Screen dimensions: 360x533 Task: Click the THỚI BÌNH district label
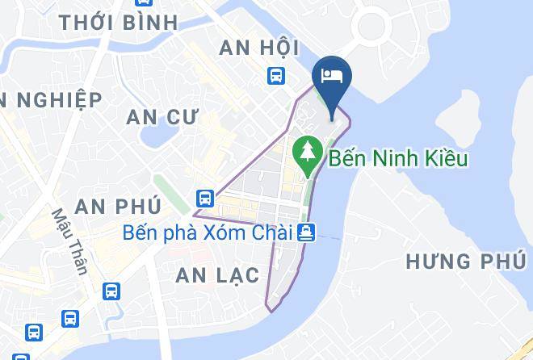[118, 22]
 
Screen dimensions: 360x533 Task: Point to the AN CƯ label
[162, 117]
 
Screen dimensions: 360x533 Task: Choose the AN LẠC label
[217, 275]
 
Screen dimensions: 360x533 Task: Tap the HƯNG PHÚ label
[461, 262]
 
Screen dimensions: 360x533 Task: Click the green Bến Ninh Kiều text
[398, 158]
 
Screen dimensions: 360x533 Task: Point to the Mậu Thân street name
[69, 241]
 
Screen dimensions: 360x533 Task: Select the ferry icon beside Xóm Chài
[306, 232]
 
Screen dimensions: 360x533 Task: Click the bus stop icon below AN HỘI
[276, 76]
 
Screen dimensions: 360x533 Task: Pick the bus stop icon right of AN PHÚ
[205, 197]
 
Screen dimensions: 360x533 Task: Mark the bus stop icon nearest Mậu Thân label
[111, 291]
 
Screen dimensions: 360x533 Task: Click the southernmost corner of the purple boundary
[267, 310]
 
